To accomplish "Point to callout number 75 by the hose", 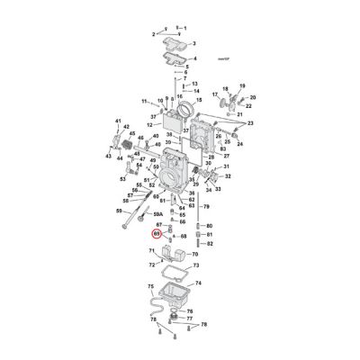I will pos(150,285).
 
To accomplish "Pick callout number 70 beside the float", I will pos(196,256).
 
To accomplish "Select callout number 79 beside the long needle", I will pos(210,206).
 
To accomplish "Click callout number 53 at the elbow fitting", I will pos(123,178).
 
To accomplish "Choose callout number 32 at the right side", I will pos(227,176).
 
